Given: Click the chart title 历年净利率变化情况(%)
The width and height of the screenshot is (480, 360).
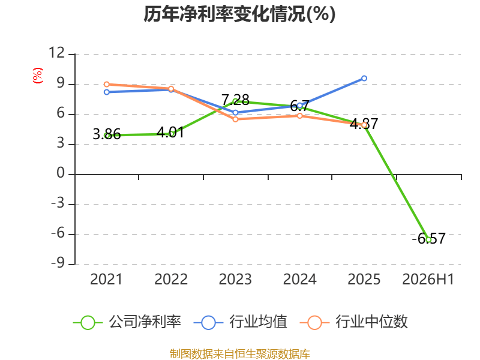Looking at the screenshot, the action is coord(239,14).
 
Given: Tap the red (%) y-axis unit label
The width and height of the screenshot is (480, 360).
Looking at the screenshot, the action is coord(37,76).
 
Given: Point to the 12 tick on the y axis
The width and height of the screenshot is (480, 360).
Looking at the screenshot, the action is coord(57,53).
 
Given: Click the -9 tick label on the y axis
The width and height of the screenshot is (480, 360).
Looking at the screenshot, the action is coord(58,263).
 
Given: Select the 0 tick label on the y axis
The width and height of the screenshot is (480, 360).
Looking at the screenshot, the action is coord(61,173).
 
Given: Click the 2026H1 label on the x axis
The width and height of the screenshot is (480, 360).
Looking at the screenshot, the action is coord(428,279).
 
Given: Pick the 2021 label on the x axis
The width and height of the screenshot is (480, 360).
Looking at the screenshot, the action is coord(106,279).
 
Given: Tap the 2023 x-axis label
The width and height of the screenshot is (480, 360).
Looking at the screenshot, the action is coord(235,279).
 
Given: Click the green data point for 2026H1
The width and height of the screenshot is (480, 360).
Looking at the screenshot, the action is coord(428,239).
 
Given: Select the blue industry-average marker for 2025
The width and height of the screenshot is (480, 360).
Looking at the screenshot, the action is coord(364,79).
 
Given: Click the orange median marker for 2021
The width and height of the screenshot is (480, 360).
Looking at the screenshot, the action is coord(107,84).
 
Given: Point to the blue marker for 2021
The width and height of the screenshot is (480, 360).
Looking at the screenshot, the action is coord(107,92).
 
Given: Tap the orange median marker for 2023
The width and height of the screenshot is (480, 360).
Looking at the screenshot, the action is coord(235,119).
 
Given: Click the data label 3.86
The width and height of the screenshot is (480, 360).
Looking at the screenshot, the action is coord(107,134).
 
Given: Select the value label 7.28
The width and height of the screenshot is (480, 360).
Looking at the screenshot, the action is coord(235,100).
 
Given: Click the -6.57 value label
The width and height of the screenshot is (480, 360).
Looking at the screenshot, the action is coord(428,238).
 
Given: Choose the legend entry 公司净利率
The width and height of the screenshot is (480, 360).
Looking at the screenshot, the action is coord(127,322).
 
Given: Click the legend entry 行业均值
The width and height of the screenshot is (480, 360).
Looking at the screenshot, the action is coord(241,322).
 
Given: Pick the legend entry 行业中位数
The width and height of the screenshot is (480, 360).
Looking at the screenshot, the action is coord(354,322).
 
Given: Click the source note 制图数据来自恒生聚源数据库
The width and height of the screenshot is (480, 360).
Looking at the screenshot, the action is coord(239,354).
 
